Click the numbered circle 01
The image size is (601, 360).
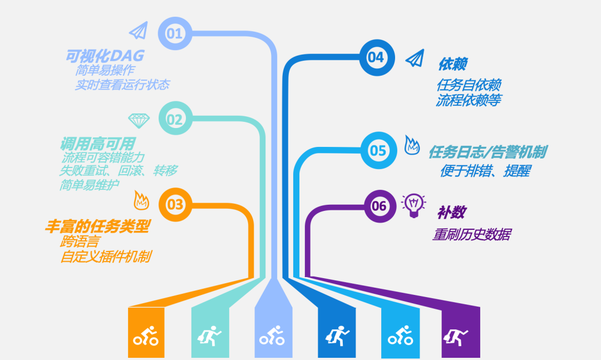coord(175,33)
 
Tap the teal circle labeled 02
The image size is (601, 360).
coord(175,119)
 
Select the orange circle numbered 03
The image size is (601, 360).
coord(175,204)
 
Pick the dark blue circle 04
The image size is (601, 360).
coord(377,57)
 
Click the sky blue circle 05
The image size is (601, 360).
coord(379,150)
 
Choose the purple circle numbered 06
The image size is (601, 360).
coord(380,206)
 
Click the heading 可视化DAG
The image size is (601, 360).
coord(105,56)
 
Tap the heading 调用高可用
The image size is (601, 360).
coord(98,144)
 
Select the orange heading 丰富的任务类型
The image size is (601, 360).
coord(97,226)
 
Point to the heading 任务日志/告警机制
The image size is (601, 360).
coord(487,152)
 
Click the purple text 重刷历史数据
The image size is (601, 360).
coord(472,234)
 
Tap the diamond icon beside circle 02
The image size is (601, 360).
coord(139,120)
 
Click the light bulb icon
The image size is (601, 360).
coord(413,205)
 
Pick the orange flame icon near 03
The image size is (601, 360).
coord(141,200)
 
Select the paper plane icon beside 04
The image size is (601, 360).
coord(416,58)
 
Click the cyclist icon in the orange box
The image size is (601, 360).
coord(146,336)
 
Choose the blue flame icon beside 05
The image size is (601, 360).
coord(412,145)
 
